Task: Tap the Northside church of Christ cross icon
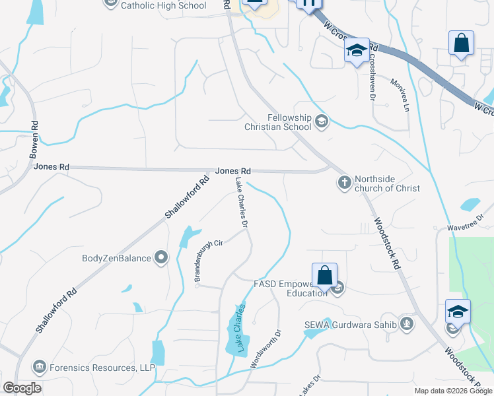tap(344, 182)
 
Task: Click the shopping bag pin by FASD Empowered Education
tap(325, 275)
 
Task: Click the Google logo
tap(22, 388)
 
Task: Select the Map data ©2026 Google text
tap(453, 391)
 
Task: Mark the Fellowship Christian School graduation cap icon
tap(322, 121)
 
